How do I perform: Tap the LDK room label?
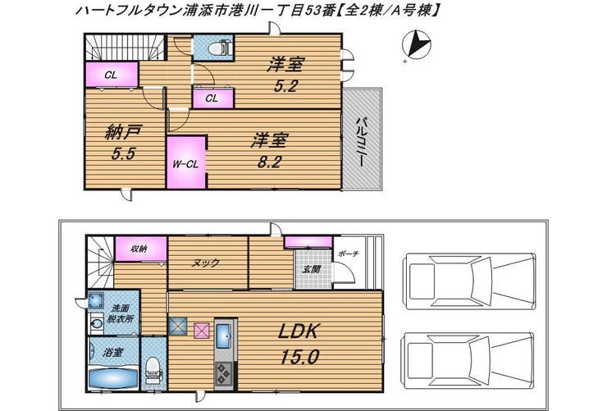tap(298, 331)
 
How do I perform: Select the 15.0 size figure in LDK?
tap(299, 356)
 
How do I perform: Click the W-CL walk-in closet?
tap(186, 162)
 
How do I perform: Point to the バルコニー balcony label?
tap(362, 142)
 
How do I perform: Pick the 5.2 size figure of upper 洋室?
tap(285, 86)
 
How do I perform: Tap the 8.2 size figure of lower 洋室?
tap(269, 162)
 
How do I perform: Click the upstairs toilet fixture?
tap(218, 48)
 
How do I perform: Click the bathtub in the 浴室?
tap(113, 377)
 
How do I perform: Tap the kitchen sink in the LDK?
tap(224, 336)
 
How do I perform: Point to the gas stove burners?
tap(223, 372)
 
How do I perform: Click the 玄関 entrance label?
tap(311, 269)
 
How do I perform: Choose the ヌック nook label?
tap(206, 263)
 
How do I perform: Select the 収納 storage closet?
tap(141, 249)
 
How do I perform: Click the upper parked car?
tap(469, 281)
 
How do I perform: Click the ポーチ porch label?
tap(348, 253)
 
